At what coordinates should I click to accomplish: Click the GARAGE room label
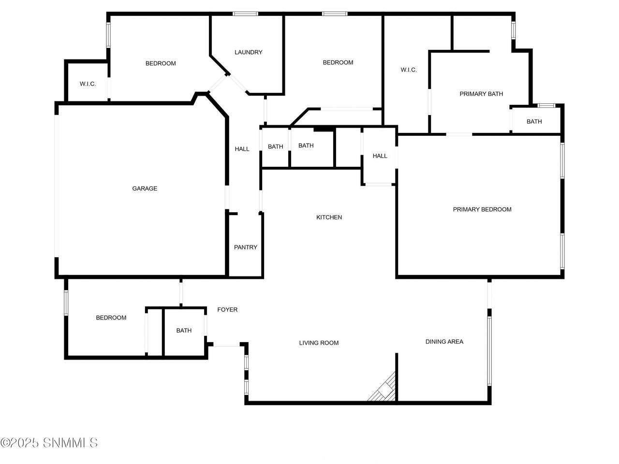click(145, 188)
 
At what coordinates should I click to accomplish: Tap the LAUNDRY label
click(249, 52)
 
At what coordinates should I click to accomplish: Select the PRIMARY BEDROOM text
click(482, 209)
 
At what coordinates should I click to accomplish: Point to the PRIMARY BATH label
click(481, 94)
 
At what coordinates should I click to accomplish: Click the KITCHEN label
click(329, 217)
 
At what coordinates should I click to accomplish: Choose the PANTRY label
click(246, 247)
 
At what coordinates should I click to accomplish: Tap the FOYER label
click(227, 310)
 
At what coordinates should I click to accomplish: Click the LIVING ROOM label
click(319, 343)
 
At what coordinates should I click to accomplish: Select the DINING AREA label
click(444, 341)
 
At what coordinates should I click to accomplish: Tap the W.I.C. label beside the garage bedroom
click(88, 84)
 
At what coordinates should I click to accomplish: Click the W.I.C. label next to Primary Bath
click(409, 70)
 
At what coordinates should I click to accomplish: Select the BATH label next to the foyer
click(184, 330)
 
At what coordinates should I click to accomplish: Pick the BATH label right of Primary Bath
click(534, 121)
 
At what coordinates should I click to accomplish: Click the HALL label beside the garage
click(242, 149)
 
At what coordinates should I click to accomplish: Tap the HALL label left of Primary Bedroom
click(380, 156)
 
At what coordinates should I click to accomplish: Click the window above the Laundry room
click(245, 14)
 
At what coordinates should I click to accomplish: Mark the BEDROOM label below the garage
click(111, 318)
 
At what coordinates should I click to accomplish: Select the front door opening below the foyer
click(226, 344)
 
